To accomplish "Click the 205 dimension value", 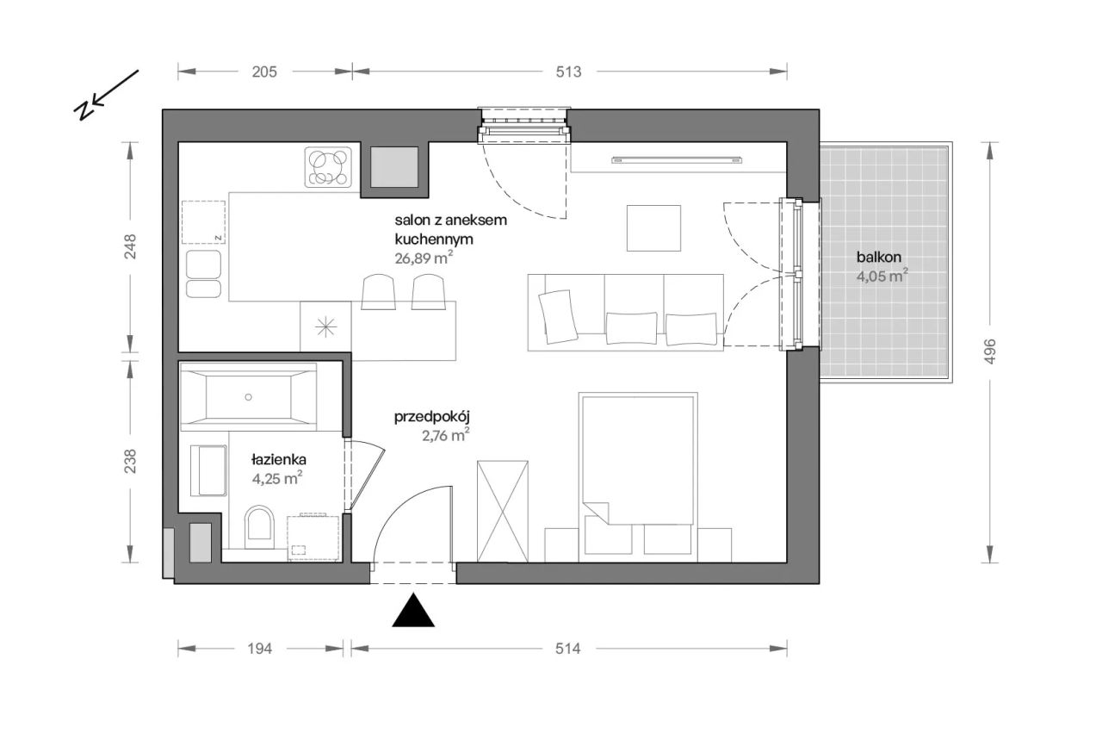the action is [x=264, y=71].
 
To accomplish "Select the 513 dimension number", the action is [x=568, y=71].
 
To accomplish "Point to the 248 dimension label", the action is [x=130, y=246].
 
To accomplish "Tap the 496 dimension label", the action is [x=990, y=351].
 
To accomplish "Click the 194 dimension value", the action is [x=259, y=649].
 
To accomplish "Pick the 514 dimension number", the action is [x=567, y=649].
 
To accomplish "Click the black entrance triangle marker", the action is [x=413, y=610].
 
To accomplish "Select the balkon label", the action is [x=879, y=257].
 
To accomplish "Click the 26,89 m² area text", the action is [x=424, y=258].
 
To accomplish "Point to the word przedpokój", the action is [x=432, y=418].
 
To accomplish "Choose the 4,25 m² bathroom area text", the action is [x=277, y=478].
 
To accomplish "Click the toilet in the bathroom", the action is [x=259, y=527].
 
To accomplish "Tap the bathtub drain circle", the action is [x=249, y=397].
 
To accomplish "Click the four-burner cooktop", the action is [x=328, y=167].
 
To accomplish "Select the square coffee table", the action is [x=653, y=228].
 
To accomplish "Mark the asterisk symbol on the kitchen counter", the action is [x=325, y=327].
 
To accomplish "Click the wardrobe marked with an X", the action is [x=502, y=512].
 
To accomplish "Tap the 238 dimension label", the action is [x=130, y=462].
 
